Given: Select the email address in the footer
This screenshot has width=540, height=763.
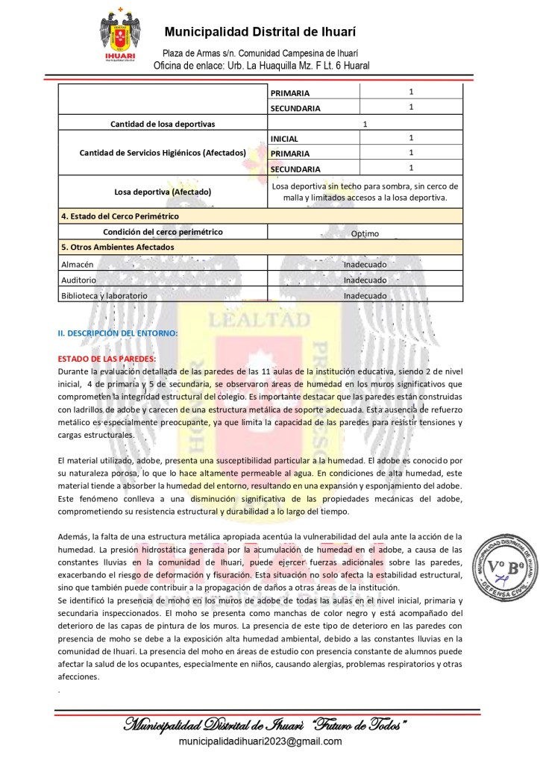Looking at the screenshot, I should click(x=260, y=741).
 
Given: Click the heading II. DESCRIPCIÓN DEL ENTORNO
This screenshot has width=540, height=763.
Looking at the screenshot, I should click(x=118, y=333).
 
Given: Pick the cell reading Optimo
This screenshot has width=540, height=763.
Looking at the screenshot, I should click(x=365, y=233).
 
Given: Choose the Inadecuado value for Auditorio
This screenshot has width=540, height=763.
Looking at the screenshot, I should click(x=365, y=280).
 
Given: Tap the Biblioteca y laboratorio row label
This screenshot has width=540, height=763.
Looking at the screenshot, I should click(x=104, y=296).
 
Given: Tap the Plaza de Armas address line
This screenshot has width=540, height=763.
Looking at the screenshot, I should click(x=260, y=54).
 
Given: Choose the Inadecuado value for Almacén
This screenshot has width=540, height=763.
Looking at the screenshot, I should click(x=365, y=265).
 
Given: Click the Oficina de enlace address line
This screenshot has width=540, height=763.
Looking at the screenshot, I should click(x=260, y=66).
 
